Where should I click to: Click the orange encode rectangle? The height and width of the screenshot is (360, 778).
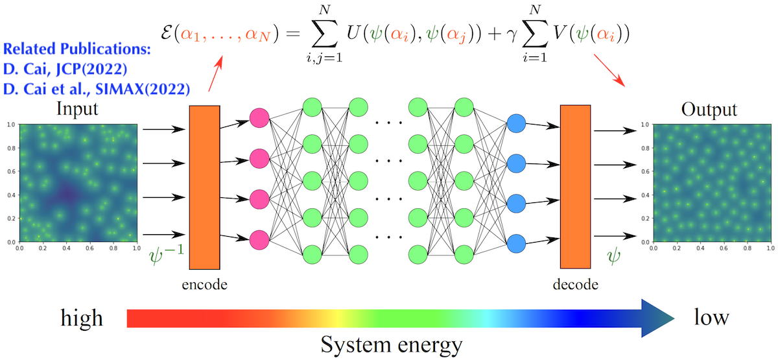tap(204, 187)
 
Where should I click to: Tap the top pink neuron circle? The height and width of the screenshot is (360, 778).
tap(259, 118)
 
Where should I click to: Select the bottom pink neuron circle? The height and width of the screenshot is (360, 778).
tap(259, 239)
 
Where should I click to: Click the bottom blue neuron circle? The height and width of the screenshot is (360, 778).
tap(517, 243)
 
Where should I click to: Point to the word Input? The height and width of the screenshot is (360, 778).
tap(77, 108)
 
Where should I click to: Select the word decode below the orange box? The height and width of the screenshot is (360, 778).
tap(576, 283)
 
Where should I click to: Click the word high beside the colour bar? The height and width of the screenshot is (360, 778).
tap(82, 318)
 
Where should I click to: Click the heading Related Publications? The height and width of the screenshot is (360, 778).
tap(77, 49)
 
